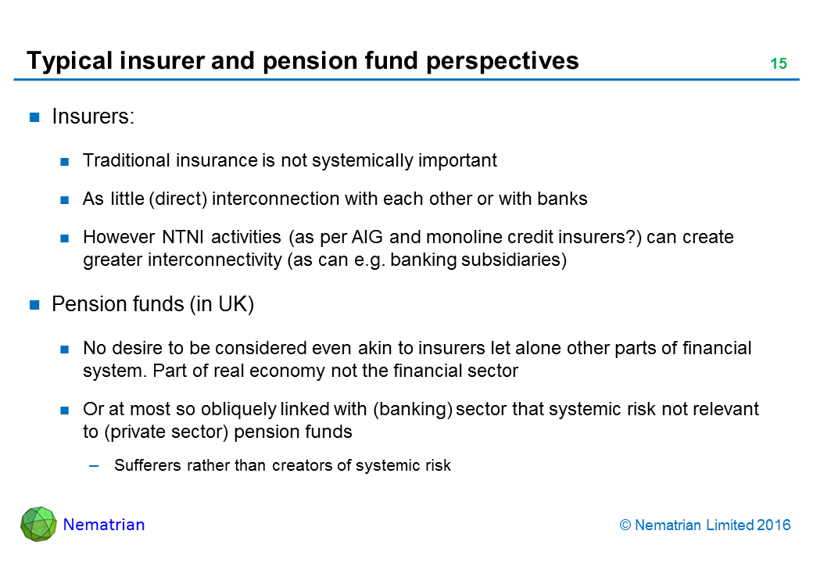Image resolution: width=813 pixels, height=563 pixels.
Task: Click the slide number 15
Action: (x=779, y=63)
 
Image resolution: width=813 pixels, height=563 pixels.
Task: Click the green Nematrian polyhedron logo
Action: (x=38, y=524)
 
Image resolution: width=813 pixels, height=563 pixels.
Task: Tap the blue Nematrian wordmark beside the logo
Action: (x=104, y=525)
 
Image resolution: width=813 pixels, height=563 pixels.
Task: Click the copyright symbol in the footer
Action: (x=625, y=525)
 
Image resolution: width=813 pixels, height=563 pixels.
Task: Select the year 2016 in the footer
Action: (x=774, y=525)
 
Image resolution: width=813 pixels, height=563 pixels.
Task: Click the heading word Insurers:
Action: (x=93, y=117)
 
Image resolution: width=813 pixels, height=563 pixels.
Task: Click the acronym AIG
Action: (x=367, y=237)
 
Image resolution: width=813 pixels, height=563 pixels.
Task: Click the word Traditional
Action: (x=127, y=160)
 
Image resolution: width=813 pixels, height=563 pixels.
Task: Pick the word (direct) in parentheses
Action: (x=178, y=199)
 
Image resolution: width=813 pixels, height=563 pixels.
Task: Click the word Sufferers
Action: (x=148, y=465)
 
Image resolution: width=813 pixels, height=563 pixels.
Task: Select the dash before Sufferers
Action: (x=94, y=466)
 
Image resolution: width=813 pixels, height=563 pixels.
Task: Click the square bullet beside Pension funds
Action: (x=34, y=305)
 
